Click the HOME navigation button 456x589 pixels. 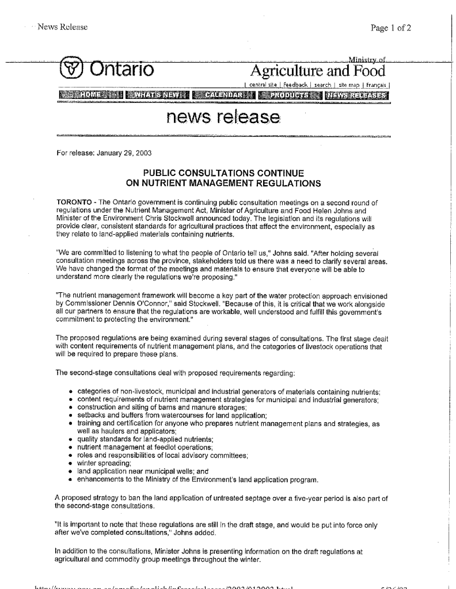[92, 95]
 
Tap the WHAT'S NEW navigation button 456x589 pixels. [158, 95]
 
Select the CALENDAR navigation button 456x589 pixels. [223, 95]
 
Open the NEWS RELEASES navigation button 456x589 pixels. [358, 95]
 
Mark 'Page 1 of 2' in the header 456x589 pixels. [392, 27]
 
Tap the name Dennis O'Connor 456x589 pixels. [129, 304]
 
